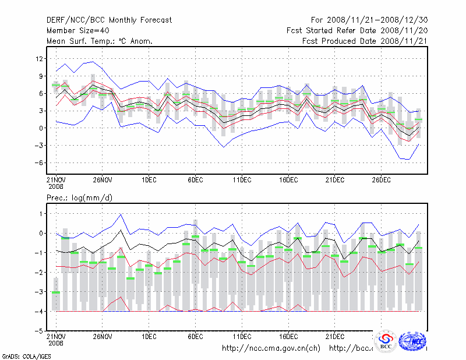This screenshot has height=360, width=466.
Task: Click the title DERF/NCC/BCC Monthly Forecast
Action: [109, 20]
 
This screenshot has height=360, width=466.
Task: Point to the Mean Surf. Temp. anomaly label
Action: [100, 41]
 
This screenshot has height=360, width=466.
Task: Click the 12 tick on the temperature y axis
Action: [40, 58]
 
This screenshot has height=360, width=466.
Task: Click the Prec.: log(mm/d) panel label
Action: [79, 197]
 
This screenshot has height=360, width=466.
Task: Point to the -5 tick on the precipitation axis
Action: [40, 331]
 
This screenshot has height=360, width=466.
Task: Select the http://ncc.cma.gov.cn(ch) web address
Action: [271, 348]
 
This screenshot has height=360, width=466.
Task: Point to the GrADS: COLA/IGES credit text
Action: [23, 355]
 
